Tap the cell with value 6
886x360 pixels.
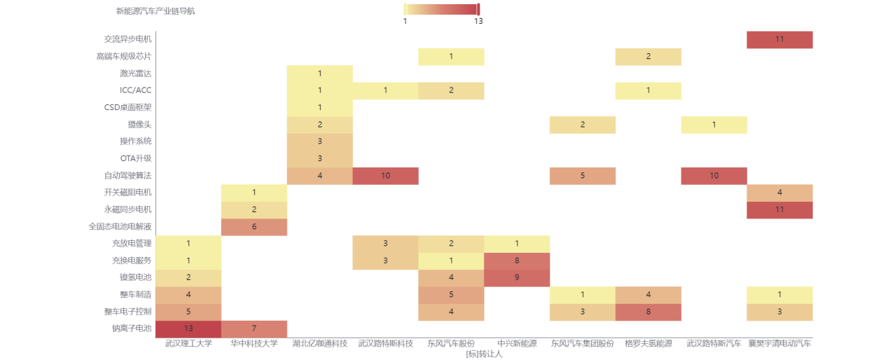pyautogui.click(x=254, y=227)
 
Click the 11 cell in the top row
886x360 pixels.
pyautogui.click(x=780, y=40)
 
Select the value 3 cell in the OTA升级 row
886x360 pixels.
pyautogui.click(x=319, y=159)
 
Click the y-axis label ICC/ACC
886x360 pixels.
pyautogui.click(x=135, y=91)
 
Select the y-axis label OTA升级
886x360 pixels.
pyautogui.click(x=135, y=159)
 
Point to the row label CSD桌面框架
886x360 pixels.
pyautogui.click(x=127, y=108)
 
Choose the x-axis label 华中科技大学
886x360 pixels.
pyautogui.click(x=254, y=344)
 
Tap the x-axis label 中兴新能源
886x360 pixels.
pyautogui.click(x=517, y=344)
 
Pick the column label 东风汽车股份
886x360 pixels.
pyautogui.click(x=451, y=344)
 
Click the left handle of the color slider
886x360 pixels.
pyautogui.click(x=406, y=9)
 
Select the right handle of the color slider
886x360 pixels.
pyautogui.click(x=478, y=9)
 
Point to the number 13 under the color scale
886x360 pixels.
pyautogui.click(x=478, y=22)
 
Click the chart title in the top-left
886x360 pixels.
pyautogui.click(x=155, y=11)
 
